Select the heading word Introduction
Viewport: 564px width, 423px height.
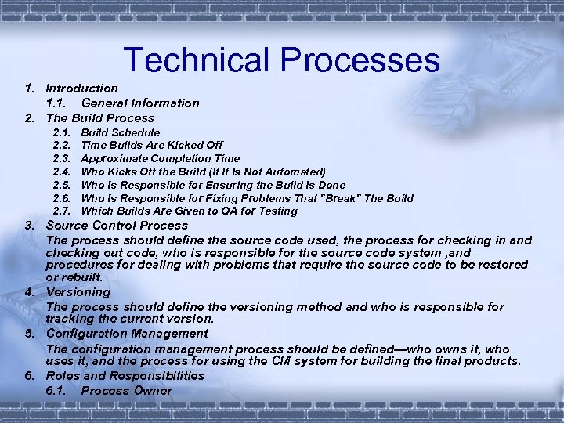[81, 89]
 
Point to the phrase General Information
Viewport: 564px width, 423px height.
[140, 103]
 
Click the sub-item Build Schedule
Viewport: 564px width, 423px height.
[121, 133]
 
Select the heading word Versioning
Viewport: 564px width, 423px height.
[78, 292]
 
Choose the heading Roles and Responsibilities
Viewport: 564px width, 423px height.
[125, 376]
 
